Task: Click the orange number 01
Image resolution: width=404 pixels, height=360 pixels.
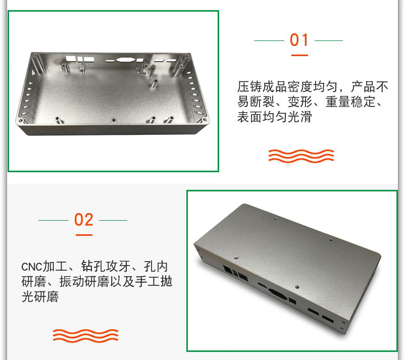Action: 299,40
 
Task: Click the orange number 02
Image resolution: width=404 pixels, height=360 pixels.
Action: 83,220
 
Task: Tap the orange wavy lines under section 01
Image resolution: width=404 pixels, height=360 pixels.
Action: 301,156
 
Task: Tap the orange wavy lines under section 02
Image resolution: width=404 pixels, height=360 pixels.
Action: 85,336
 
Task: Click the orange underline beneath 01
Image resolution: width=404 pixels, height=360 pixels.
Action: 299,55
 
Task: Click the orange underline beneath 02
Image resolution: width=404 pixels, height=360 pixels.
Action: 84,235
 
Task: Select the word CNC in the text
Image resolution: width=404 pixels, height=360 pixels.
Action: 31,267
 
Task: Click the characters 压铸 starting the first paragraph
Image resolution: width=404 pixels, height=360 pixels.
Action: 249,86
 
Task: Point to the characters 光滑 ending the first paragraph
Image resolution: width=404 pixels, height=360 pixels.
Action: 299,117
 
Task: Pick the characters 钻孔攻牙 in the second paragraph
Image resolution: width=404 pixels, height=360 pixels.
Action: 106,266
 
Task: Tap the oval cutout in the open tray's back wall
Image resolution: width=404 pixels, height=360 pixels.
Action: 125,60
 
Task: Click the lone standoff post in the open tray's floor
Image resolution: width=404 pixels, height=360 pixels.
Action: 155,83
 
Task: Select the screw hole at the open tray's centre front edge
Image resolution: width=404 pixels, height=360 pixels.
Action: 113,120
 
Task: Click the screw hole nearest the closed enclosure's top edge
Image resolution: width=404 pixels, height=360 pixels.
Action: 276,219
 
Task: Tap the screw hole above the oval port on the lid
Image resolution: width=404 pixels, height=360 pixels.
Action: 297,287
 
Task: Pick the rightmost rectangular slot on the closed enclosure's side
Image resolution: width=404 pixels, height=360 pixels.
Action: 328,320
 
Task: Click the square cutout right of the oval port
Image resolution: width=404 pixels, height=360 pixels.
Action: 292,301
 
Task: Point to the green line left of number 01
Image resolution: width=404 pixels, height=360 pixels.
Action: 269,40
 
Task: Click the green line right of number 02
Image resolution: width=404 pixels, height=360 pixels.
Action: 113,220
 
